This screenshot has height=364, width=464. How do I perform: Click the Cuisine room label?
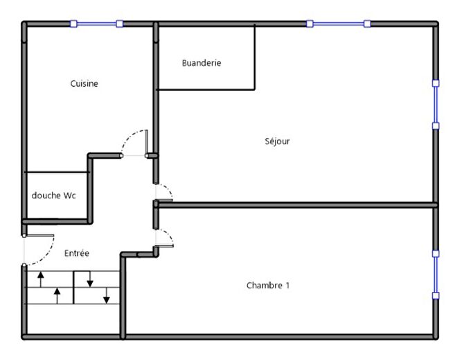pyautogui.click(x=84, y=84)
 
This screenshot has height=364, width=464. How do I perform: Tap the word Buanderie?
pyautogui.click(x=202, y=63)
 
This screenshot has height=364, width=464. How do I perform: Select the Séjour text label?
pyautogui.click(x=277, y=141)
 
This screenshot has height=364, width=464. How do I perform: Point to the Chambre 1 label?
pyautogui.click(x=268, y=286)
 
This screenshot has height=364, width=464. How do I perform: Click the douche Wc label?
pyautogui.click(x=53, y=196)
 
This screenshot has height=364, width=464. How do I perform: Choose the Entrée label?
pyautogui.click(x=76, y=254)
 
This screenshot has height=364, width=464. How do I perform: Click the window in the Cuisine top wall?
pyautogui.click(x=96, y=24)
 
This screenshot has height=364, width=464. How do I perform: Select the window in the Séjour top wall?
pyautogui.click(x=339, y=24)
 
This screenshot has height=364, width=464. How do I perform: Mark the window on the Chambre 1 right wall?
pyautogui.click(x=436, y=275)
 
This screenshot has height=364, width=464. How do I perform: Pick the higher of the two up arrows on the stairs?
pyautogui.click(x=40, y=279)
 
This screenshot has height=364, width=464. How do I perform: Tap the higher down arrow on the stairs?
pyautogui.click(x=90, y=279)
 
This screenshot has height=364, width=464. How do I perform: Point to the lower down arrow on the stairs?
pyautogui.click(x=107, y=296)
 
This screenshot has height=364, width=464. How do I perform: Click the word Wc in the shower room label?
pyautogui.click(x=69, y=196)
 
